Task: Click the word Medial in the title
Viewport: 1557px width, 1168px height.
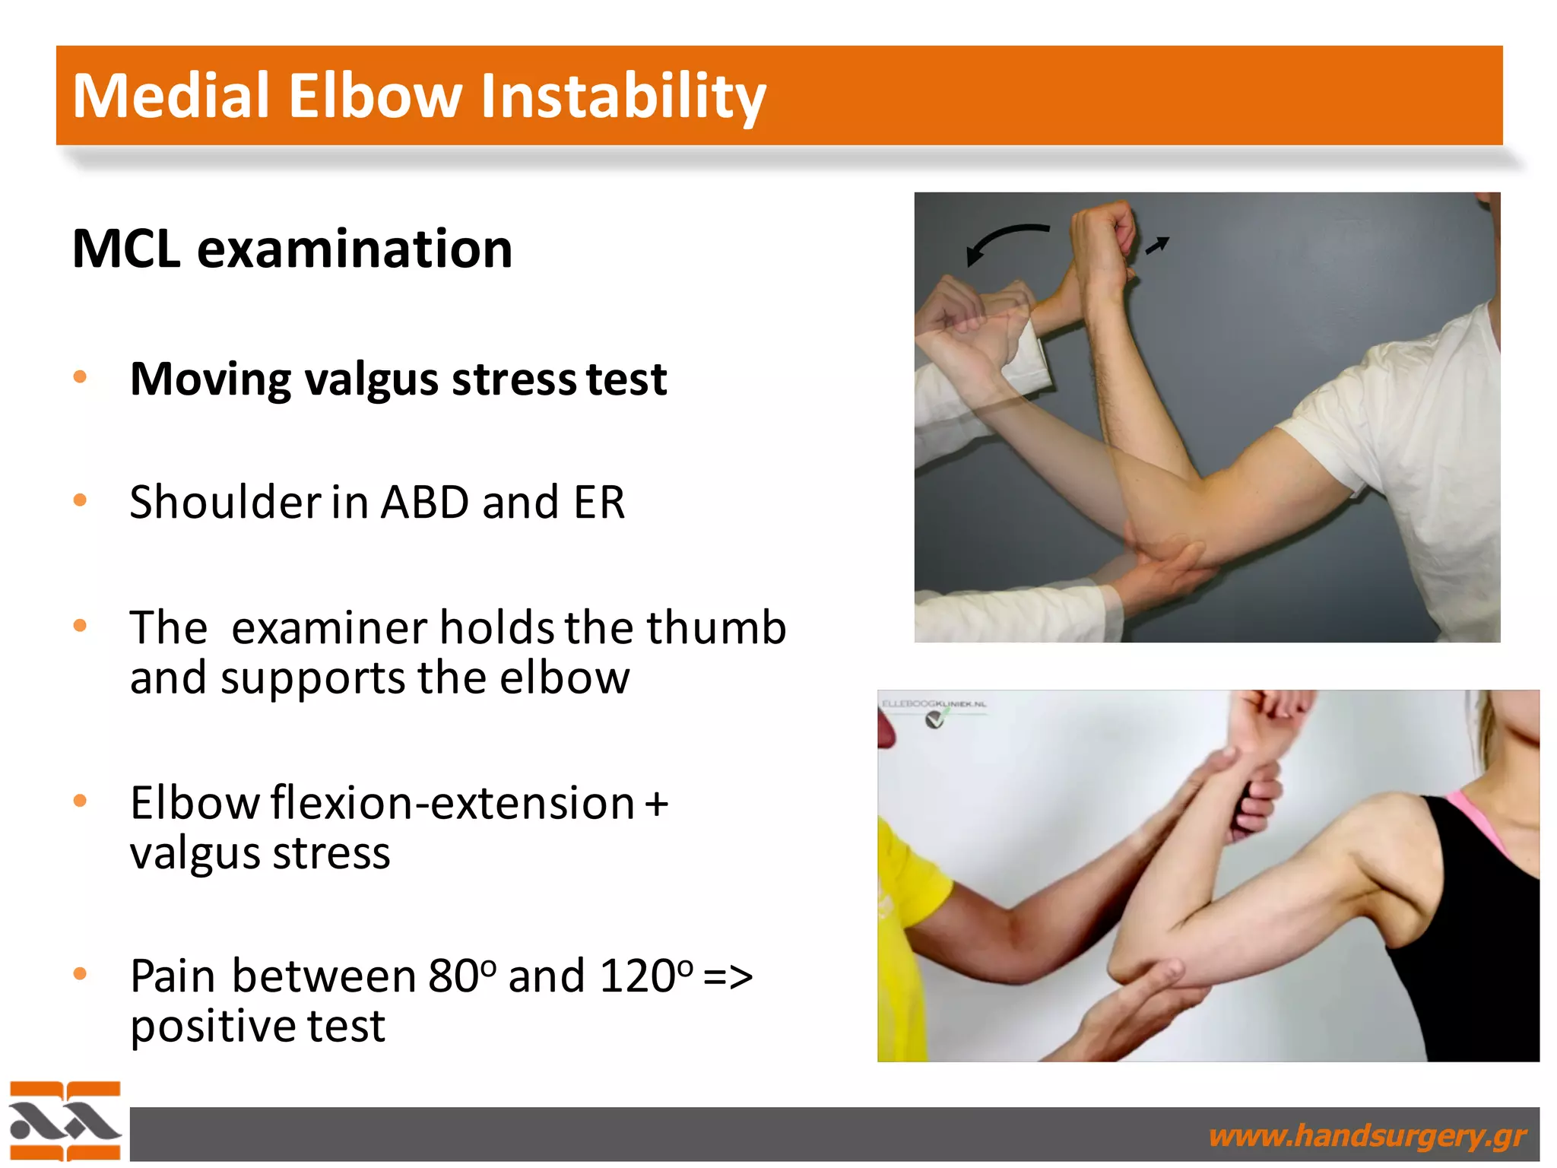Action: (171, 96)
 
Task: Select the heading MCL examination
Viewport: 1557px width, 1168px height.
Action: (292, 249)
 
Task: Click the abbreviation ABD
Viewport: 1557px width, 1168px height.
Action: (424, 503)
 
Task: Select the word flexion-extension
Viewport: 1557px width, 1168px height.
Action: (452, 804)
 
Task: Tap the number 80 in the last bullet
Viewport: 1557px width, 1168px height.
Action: (454, 976)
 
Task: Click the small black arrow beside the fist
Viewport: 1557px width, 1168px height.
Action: (1157, 245)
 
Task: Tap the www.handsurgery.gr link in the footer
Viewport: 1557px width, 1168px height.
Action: (1366, 1135)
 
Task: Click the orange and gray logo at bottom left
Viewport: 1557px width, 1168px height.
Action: (65, 1122)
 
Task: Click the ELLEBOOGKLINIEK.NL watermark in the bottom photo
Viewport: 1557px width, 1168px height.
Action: (934, 704)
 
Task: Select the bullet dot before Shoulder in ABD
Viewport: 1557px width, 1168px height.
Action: (80, 500)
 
